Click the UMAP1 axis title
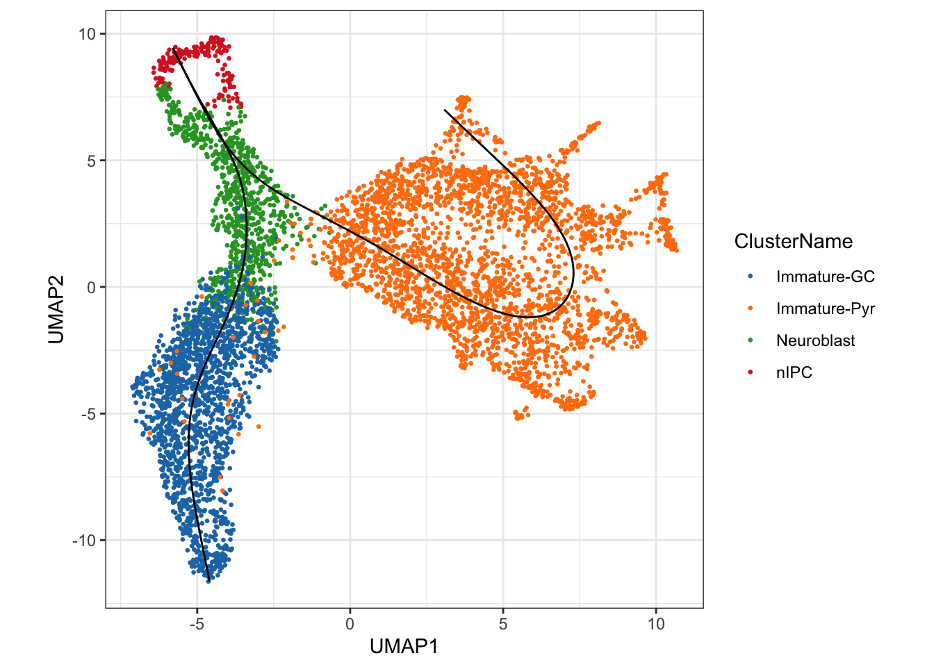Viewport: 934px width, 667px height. click(404, 646)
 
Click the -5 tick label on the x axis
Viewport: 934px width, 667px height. click(197, 624)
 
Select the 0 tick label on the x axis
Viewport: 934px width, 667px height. click(350, 624)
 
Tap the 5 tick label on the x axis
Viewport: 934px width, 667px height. click(502, 624)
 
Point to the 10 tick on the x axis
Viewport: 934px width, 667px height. click(655, 624)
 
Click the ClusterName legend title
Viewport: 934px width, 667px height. click(793, 241)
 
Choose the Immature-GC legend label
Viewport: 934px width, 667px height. click(825, 277)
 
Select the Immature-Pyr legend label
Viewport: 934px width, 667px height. click(825, 308)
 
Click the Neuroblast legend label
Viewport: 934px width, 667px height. click(815, 340)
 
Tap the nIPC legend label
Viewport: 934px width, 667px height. click(794, 372)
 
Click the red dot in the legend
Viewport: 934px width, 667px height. click(750, 372)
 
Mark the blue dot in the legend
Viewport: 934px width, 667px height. click(750, 277)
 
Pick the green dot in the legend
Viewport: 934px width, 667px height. click(750, 340)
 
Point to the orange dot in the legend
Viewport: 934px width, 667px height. click(750, 308)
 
